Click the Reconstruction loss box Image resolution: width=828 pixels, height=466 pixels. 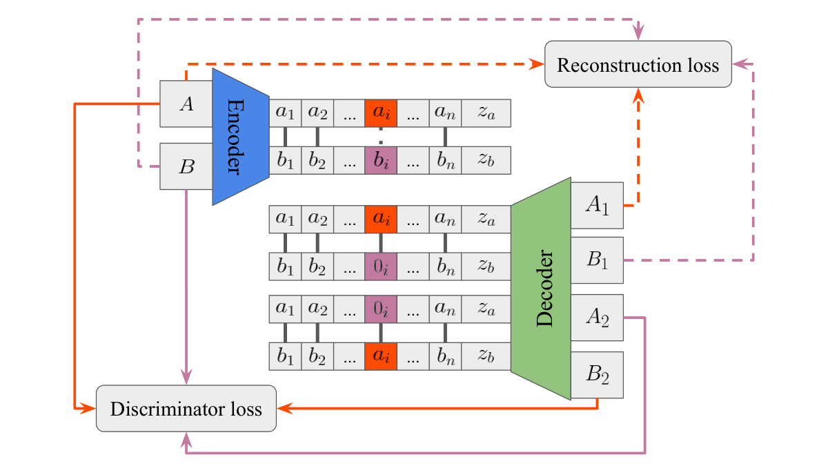(x=638, y=64)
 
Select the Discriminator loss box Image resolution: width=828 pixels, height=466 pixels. (x=186, y=408)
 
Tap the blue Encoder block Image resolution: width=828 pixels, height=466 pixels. (x=241, y=137)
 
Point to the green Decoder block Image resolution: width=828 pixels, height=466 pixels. (x=541, y=289)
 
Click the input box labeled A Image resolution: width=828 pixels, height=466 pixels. (x=186, y=104)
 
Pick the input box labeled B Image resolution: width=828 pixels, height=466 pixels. (x=186, y=166)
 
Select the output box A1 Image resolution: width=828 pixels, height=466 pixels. (x=597, y=205)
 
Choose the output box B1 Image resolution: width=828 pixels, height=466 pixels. (x=597, y=260)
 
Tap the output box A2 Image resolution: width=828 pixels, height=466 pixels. (x=597, y=318)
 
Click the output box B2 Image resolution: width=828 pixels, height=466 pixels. (x=597, y=375)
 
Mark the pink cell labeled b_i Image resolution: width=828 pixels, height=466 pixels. (x=381, y=160)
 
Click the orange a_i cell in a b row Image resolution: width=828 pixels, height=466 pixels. (x=381, y=356)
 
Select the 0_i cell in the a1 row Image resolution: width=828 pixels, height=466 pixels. (x=381, y=309)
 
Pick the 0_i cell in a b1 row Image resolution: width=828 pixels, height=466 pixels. (x=381, y=266)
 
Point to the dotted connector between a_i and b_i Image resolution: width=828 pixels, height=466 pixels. (x=381, y=137)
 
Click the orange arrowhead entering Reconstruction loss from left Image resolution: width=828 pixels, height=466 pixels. (x=536, y=64)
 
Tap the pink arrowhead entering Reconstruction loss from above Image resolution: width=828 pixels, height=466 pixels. (x=638, y=32)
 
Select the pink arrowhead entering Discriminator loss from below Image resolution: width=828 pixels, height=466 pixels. (x=186, y=440)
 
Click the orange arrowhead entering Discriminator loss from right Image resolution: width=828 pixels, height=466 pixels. (x=285, y=408)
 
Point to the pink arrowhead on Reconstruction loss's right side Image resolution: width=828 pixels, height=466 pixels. (x=740, y=64)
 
